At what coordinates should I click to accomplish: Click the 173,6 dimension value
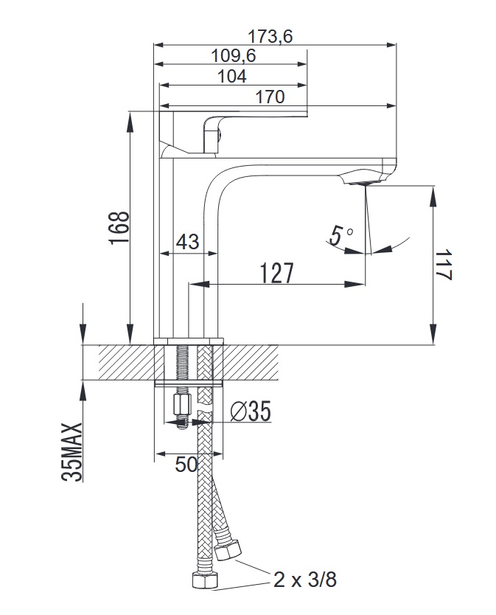tap(270, 37)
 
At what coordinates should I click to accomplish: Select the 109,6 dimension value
tap(234, 56)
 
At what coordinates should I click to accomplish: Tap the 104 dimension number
tap(232, 76)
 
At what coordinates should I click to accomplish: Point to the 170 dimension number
tap(270, 97)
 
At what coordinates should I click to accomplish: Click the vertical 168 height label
tap(119, 228)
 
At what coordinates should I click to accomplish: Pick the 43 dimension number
tap(187, 242)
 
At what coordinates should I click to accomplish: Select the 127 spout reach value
tap(277, 273)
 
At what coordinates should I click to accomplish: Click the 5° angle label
tap(340, 236)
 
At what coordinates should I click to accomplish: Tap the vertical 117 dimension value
tap(443, 264)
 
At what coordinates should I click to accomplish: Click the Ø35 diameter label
tap(251, 411)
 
